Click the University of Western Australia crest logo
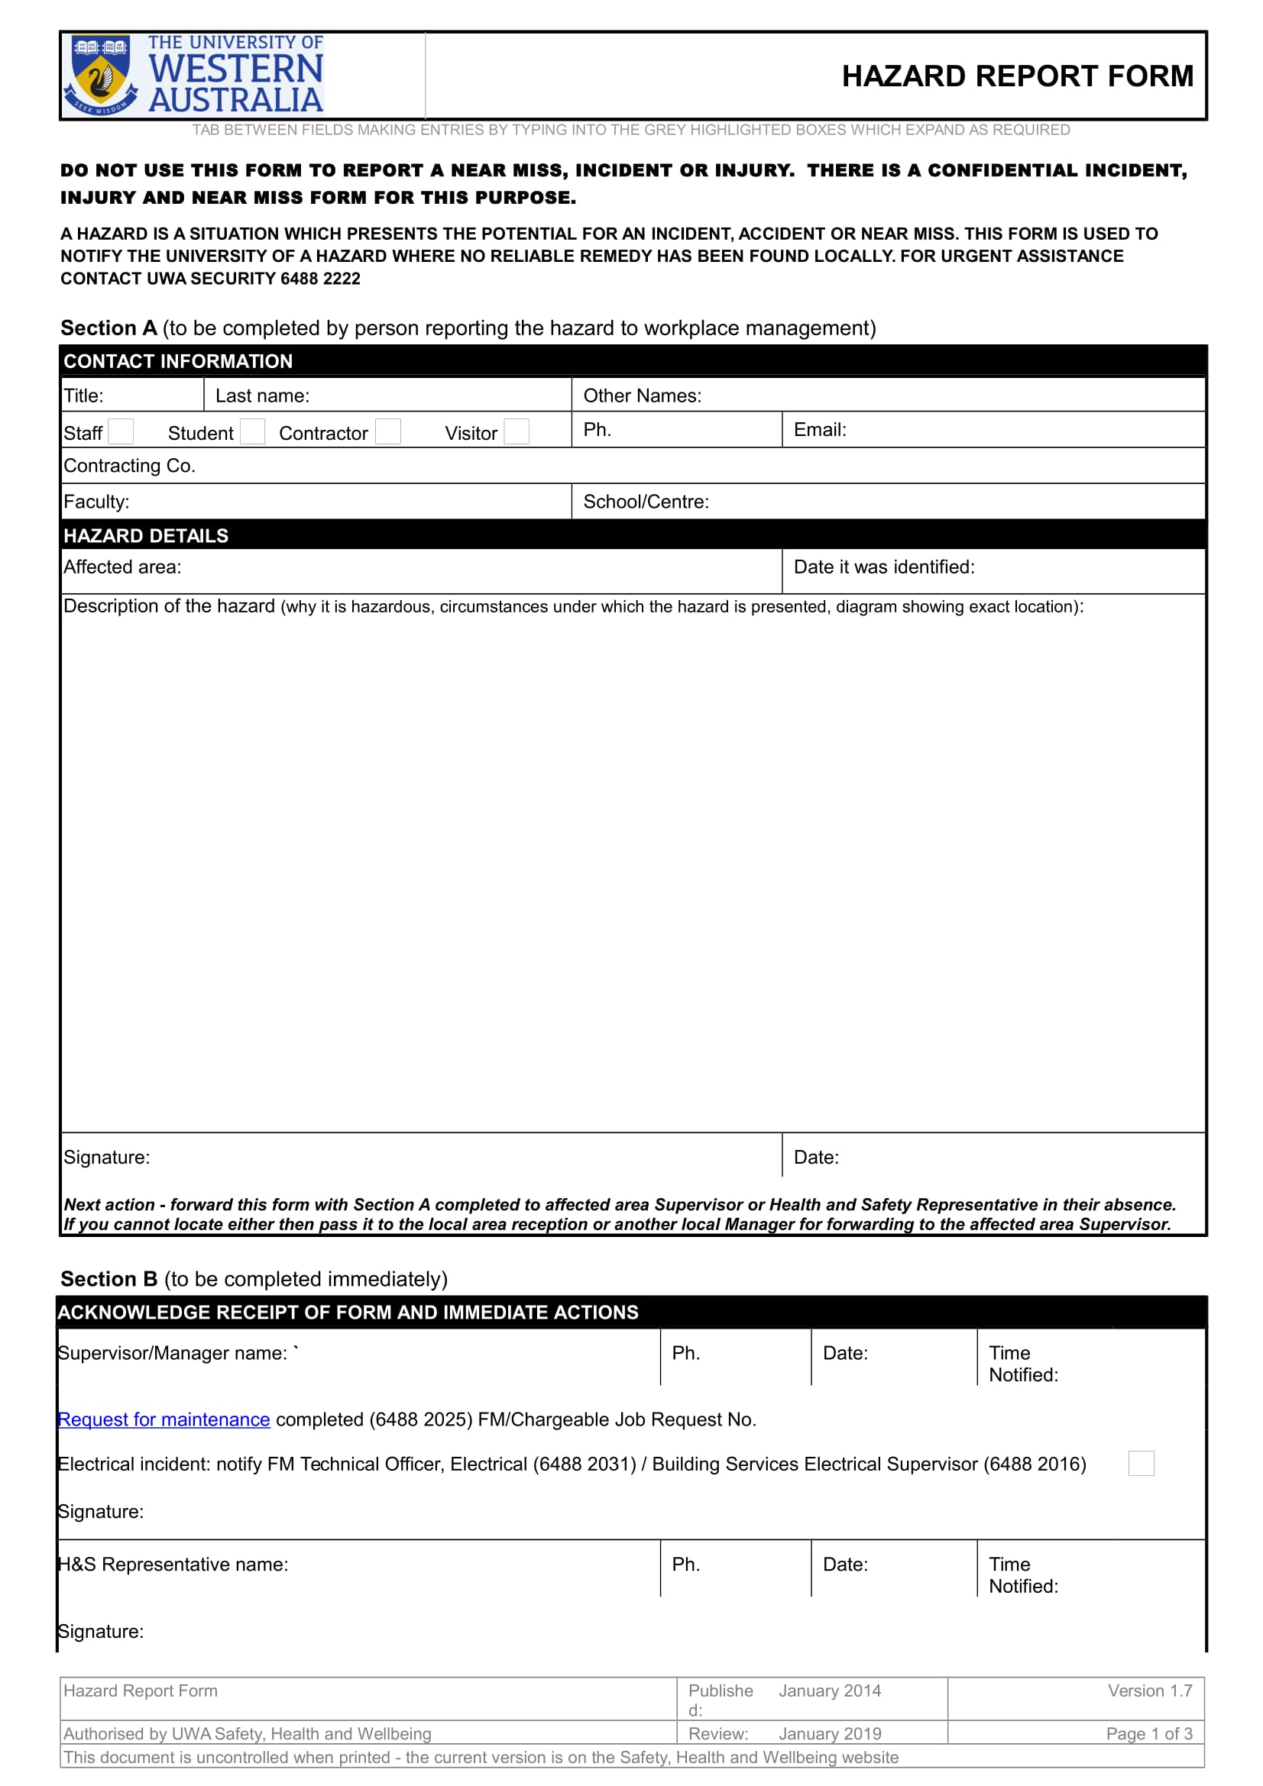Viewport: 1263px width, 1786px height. pyautogui.click(x=100, y=76)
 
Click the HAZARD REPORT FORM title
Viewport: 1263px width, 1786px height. pyautogui.click(x=1016, y=76)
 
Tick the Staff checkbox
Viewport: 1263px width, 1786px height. pyautogui.click(x=121, y=431)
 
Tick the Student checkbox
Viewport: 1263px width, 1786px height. pyautogui.click(x=252, y=431)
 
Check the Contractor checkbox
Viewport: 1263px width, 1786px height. pyautogui.click(x=387, y=431)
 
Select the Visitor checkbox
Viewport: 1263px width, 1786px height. pyautogui.click(x=516, y=431)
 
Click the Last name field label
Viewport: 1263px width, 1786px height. pyautogui.click(x=262, y=396)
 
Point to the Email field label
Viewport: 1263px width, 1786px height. pyautogui.click(x=819, y=429)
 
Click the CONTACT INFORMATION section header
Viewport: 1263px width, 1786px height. pyautogui.click(x=178, y=361)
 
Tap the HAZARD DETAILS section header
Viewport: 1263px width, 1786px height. pyautogui.click(x=146, y=535)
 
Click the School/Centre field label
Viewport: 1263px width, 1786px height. pyautogui.click(x=646, y=502)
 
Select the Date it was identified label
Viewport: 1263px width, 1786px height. pyautogui.click(x=883, y=567)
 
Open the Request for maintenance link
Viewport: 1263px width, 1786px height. pyautogui.click(x=164, y=1419)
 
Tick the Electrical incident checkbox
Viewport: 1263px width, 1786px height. pyautogui.click(x=1140, y=1463)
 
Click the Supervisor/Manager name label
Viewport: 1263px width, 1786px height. pyautogui.click(x=173, y=1354)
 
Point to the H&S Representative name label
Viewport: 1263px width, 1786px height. pyautogui.click(x=173, y=1565)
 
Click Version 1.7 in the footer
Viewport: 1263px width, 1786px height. pyautogui.click(x=1149, y=1691)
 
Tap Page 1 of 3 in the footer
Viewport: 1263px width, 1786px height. pyautogui.click(x=1148, y=1733)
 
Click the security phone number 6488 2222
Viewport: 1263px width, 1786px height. pyautogui.click(x=321, y=279)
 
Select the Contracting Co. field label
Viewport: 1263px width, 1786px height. pyautogui.click(x=129, y=466)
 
